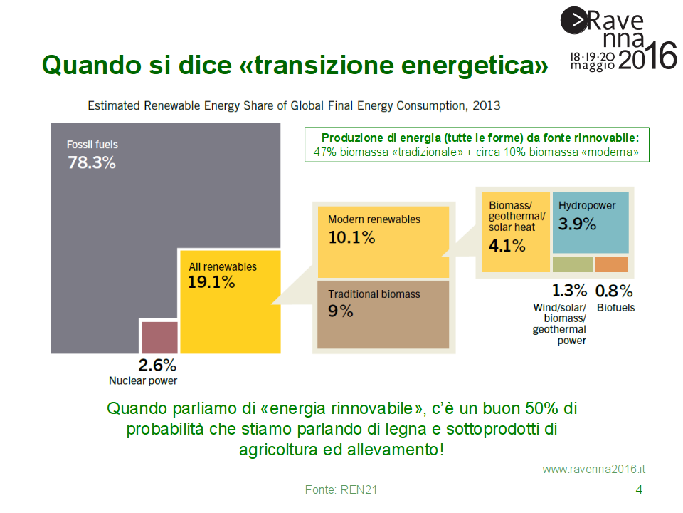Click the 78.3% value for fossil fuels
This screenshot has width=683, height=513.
point(92,162)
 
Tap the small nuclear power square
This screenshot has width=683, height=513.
point(159,337)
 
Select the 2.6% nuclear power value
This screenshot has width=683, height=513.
point(157,366)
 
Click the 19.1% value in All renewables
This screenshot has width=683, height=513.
point(211,282)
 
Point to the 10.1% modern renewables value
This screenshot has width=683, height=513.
point(351,237)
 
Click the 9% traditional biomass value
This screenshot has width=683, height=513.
point(341,311)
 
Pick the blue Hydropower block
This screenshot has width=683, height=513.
point(591,222)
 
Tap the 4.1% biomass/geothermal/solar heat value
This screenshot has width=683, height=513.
point(507,246)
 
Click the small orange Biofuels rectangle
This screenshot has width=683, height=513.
point(612,264)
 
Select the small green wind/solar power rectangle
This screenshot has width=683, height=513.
point(573,264)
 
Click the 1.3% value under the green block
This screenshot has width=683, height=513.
point(569,291)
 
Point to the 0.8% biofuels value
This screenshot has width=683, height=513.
point(614,291)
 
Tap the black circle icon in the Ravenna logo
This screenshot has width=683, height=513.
point(574,20)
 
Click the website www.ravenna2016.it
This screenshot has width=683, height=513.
point(594,469)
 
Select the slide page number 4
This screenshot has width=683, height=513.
point(638,489)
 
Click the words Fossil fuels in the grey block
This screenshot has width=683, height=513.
point(92,145)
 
